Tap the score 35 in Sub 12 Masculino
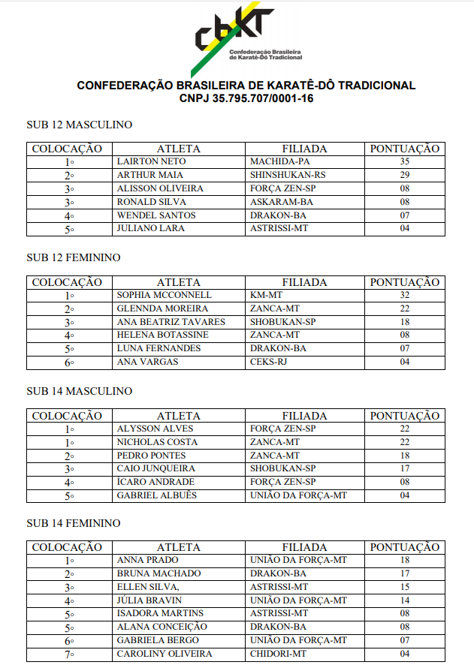(x=404, y=161)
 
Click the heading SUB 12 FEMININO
(x=74, y=257)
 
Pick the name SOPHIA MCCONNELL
(x=165, y=295)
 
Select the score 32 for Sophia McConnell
(x=404, y=295)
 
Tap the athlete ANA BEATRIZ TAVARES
(x=171, y=322)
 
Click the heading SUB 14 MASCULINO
(x=79, y=391)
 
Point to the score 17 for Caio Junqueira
(x=404, y=469)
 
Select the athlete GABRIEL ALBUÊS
(x=156, y=495)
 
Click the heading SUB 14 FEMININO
(x=74, y=523)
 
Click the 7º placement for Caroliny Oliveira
(x=69, y=654)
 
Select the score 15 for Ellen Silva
(x=404, y=587)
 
